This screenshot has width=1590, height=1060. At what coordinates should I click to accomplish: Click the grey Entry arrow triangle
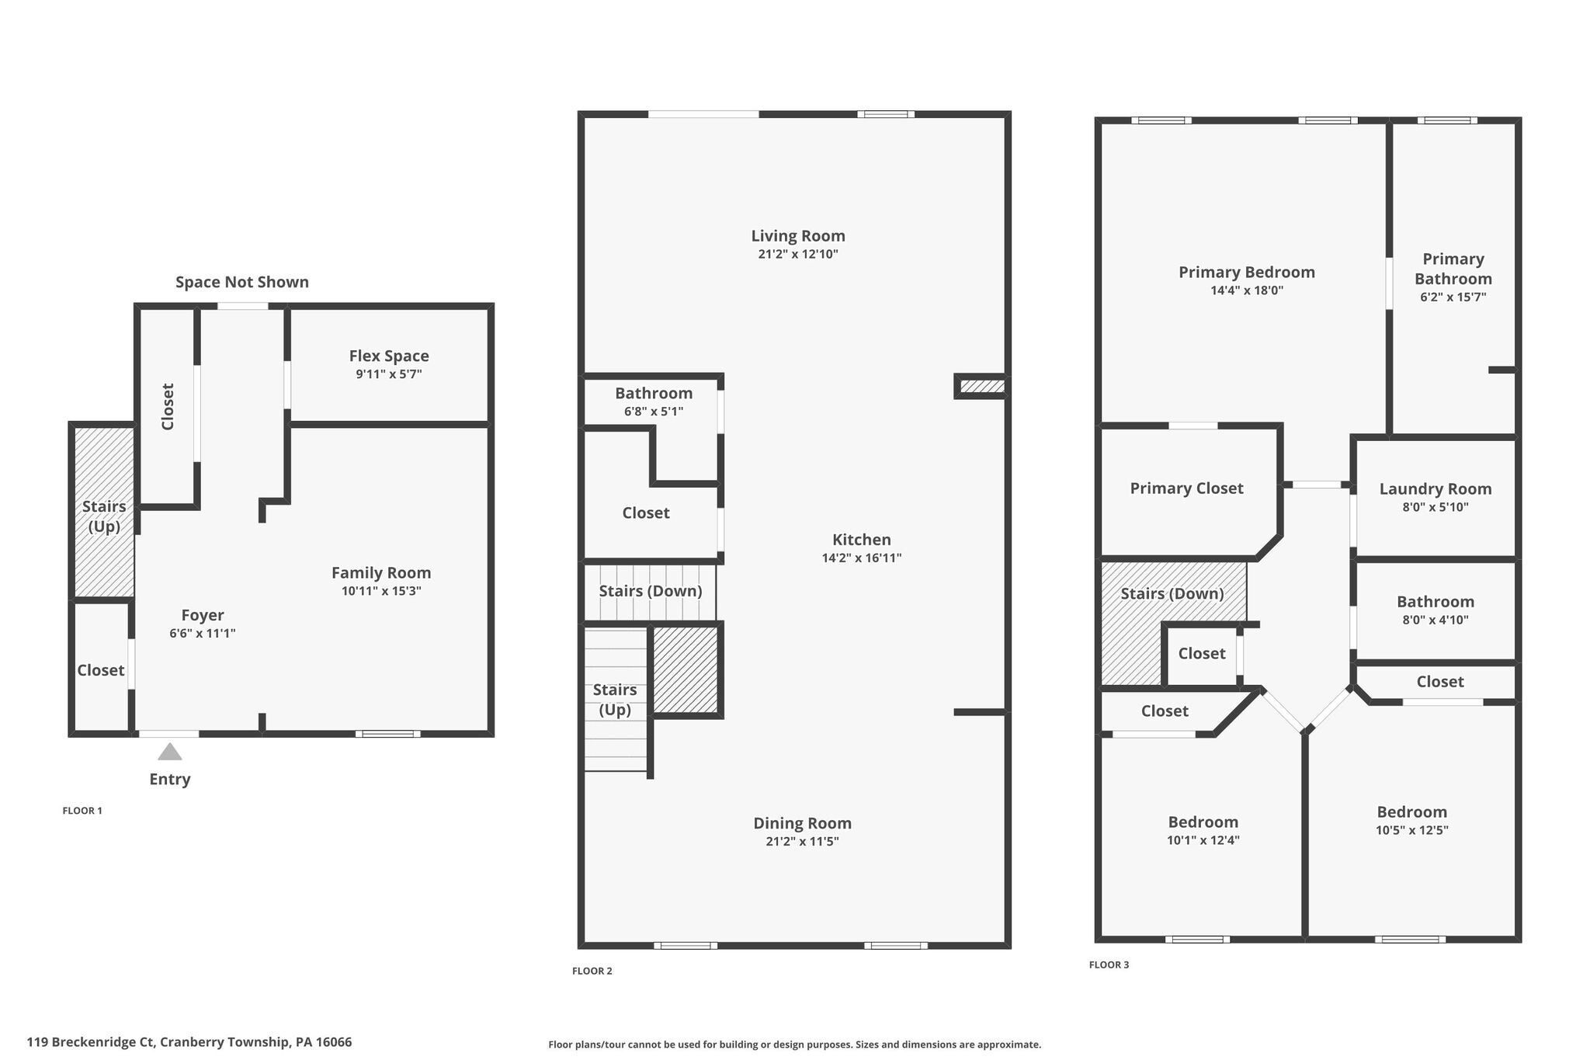click(x=169, y=752)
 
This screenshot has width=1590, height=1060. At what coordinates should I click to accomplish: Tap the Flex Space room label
click(x=389, y=356)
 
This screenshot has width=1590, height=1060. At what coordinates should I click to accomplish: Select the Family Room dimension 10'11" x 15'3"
click(x=381, y=591)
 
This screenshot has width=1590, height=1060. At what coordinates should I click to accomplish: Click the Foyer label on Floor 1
click(x=203, y=615)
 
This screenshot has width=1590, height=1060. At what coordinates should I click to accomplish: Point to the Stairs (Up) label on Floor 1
click(x=104, y=516)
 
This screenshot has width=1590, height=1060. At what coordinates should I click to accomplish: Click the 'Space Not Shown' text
click(x=241, y=282)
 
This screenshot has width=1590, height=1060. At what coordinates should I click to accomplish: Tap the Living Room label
click(x=798, y=235)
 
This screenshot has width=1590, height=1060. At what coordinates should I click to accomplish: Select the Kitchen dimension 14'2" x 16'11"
click(x=862, y=558)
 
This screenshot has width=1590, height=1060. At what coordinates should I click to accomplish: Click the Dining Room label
click(x=802, y=823)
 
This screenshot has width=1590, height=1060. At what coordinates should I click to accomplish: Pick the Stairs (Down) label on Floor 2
click(x=650, y=591)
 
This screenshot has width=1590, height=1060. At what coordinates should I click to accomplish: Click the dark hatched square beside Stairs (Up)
click(x=685, y=670)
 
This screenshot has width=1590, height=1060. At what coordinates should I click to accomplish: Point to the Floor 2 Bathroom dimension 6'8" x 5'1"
click(x=654, y=412)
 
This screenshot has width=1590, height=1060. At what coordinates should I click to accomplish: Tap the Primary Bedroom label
click(x=1247, y=272)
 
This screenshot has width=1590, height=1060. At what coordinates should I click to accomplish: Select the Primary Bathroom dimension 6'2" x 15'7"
click(x=1453, y=297)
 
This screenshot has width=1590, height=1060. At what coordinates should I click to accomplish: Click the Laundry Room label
click(x=1436, y=488)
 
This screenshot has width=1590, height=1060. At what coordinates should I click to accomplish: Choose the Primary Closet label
click(x=1186, y=488)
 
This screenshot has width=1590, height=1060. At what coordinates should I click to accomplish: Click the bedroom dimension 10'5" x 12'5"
click(x=1412, y=830)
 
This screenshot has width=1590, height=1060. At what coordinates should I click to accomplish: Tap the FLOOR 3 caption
click(x=1109, y=964)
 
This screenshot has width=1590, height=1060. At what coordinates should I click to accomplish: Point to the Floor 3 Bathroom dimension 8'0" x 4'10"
click(x=1436, y=620)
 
